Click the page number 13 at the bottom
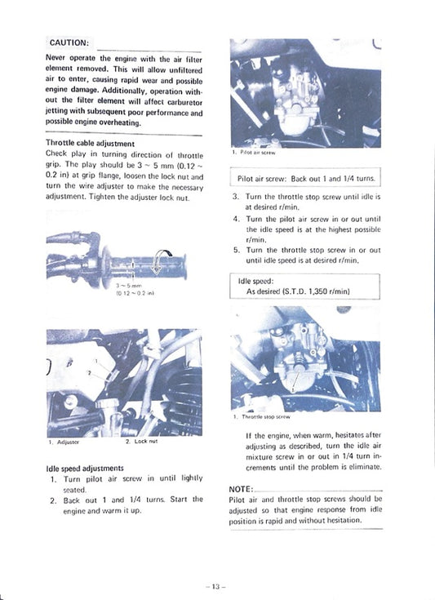(x=216, y=586)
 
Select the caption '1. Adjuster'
(x=64, y=442)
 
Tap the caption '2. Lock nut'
(x=142, y=442)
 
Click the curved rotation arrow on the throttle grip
(x=166, y=259)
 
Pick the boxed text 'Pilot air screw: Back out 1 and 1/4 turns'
(x=305, y=178)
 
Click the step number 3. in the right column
(x=236, y=198)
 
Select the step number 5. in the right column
(x=236, y=250)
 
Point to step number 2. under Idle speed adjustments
(x=53, y=500)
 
